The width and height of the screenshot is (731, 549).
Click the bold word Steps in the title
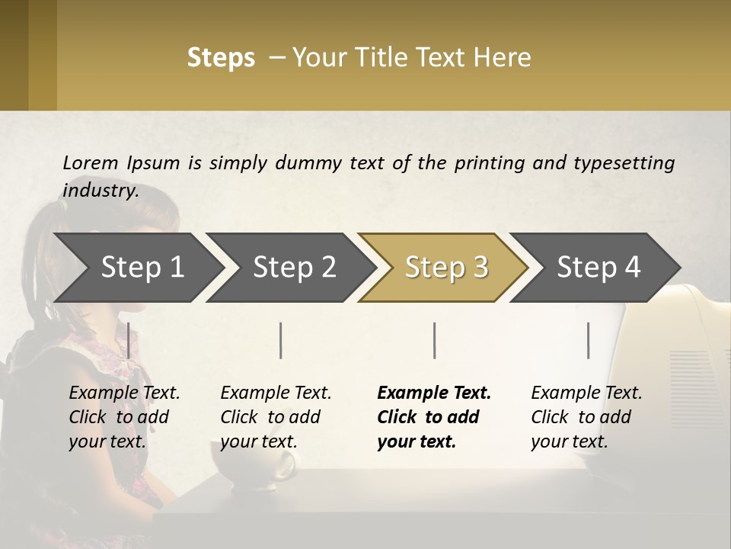221,58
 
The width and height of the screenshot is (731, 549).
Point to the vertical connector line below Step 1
128,340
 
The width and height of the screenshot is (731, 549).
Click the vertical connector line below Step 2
281,340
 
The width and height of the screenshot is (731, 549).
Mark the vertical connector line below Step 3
435,340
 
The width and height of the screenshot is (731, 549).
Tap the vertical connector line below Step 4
588,340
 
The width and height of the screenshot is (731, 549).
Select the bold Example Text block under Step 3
434,417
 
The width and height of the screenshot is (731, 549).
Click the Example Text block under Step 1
124,417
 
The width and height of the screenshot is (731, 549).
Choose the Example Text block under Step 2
276,417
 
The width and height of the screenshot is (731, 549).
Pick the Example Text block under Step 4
586,417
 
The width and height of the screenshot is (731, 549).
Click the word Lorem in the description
90,163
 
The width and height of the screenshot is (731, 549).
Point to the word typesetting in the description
624,163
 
